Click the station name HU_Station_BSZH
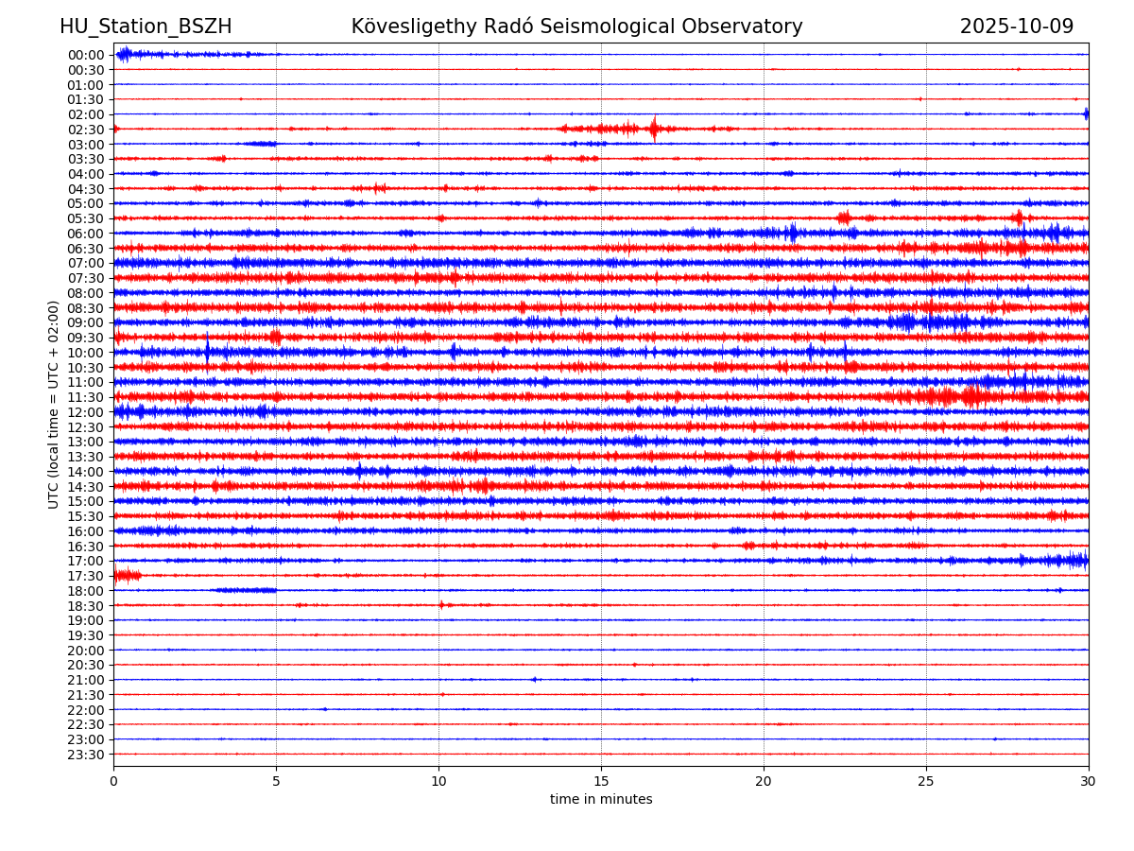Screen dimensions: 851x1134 coord(146,27)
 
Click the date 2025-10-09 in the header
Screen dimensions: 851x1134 coord(1017,27)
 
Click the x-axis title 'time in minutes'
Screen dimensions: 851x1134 coord(601,800)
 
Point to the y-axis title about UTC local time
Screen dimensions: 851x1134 coord(54,404)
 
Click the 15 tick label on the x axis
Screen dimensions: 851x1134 coord(601,782)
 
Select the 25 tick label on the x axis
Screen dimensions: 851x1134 coord(926,782)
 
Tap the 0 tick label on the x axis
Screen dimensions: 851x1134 coord(113,782)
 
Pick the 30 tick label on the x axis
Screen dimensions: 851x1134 coord(1089,782)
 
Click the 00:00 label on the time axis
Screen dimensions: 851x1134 coord(86,55)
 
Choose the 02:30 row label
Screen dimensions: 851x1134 coord(86,130)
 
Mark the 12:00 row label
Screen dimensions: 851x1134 coord(86,412)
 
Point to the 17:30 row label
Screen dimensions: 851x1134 coord(86,576)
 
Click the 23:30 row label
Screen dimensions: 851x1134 coord(86,755)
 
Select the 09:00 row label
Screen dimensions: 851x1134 coord(86,322)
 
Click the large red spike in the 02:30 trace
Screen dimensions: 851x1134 coord(653,129)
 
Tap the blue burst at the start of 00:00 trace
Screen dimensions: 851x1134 coord(124,54)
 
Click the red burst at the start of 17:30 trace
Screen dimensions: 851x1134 coord(125,575)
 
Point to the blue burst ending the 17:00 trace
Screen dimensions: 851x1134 coord(1075,560)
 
